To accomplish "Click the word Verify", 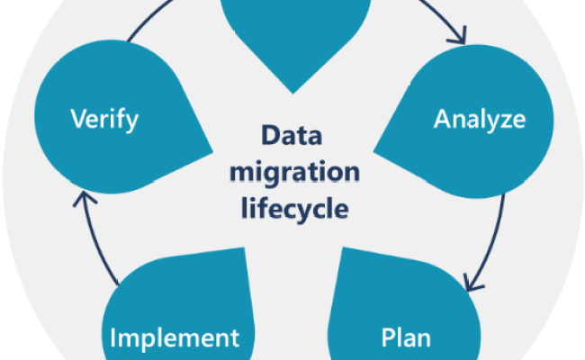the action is tap(103, 120).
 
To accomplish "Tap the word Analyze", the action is tap(480, 119).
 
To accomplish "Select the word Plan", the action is tap(406, 338).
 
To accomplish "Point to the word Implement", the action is tap(175, 338).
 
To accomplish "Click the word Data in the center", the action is tap(293, 138).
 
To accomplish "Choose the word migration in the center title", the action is tap(293, 174).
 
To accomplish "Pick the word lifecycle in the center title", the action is tap(293, 210).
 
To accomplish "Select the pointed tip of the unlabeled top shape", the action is tap(294, 91).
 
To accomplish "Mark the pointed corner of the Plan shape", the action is tap(344, 250).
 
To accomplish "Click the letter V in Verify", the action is tap(77, 120).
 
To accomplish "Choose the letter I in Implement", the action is tap(113, 338).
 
